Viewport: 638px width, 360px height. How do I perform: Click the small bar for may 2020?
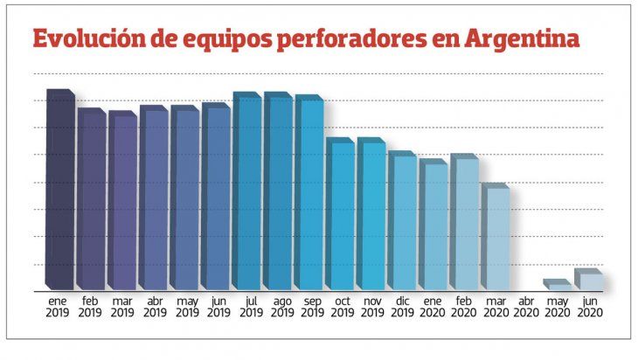click(x=558, y=286)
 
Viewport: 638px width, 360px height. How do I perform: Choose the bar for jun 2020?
click(x=589, y=280)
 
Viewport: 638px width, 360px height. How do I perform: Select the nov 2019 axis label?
click(x=371, y=306)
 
